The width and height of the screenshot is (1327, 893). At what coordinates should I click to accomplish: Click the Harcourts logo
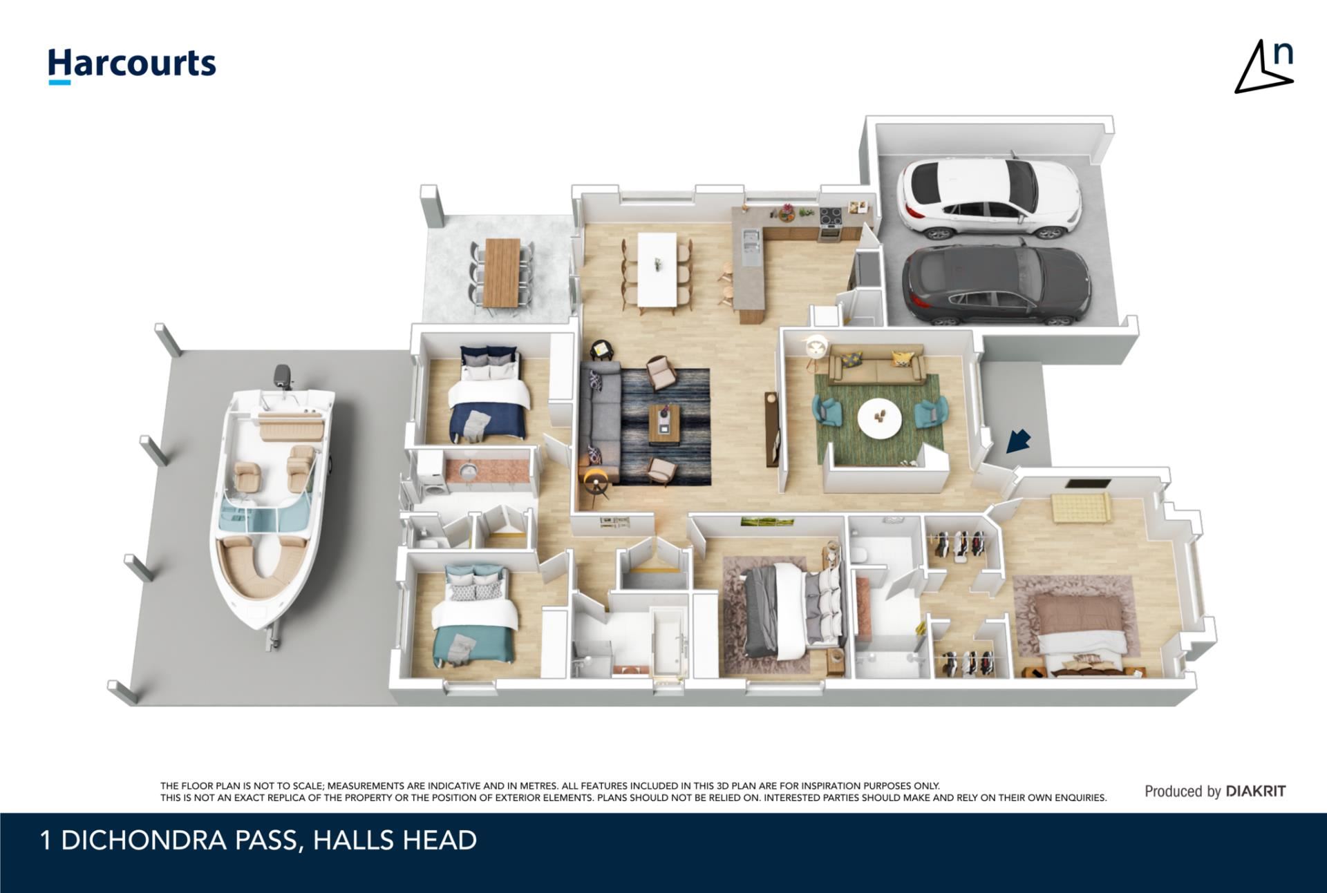click(131, 66)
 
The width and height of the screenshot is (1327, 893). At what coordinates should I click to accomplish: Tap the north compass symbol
click(1265, 67)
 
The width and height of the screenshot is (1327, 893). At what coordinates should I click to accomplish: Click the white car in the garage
click(988, 198)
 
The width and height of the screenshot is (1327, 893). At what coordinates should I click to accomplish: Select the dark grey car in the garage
click(996, 285)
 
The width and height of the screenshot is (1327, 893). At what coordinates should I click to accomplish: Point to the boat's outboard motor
click(282, 376)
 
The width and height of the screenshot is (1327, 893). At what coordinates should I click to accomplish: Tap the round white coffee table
click(879, 418)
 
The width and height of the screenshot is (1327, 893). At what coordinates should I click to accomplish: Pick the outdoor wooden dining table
click(502, 272)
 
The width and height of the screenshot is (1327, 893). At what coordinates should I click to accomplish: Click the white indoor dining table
click(657, 269)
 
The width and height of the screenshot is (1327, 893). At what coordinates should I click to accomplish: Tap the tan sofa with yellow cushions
click(877, 364)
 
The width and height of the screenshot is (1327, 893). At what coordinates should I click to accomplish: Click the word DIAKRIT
click(1255, 791)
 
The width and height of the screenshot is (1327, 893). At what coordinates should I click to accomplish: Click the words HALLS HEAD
click(395, 841)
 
